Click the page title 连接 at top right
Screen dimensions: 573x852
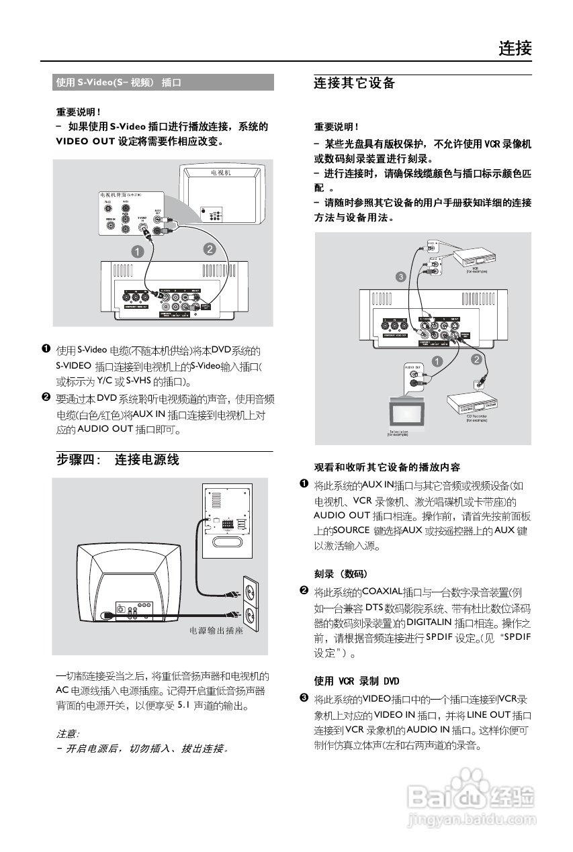click(515, 48)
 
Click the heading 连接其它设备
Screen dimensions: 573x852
click(354, 84)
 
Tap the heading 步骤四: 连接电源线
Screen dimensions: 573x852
click(118, 460)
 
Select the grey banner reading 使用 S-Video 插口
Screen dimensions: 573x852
click(164, 83)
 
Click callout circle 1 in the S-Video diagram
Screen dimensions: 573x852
click(137, 252)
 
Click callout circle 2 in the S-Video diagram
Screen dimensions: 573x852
click(209, 249)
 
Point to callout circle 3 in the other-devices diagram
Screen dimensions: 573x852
click(401, 276)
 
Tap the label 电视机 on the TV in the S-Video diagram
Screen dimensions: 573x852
click(220, 173)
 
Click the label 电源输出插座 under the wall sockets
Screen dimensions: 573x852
click(216, 632)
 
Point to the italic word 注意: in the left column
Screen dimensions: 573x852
click(67, 734)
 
